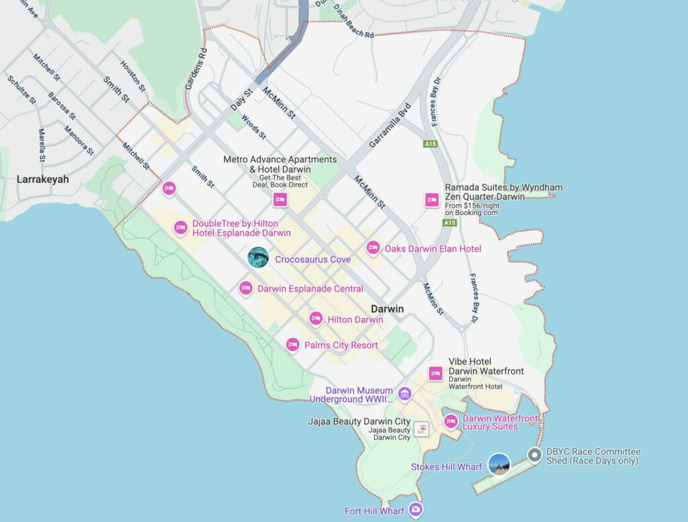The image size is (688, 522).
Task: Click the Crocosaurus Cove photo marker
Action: pyautogui.click(x=258, y=257)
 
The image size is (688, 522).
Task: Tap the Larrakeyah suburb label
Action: pyautogui.click(x=42, y=179)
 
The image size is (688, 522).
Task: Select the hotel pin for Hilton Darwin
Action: pyautogui.click(x=316, y=319)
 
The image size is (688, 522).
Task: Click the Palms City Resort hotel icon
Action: pyautogui.click(x=292, y=345)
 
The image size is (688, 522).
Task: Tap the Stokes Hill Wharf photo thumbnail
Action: pyautogui.click(x=499, y=464)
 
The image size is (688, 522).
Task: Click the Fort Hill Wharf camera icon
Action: pyautogui.click(x=416, y=510)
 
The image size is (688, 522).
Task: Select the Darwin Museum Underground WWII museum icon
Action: pyautogui.click(x=404, y=393)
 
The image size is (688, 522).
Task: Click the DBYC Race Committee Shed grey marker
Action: pyautogui.click(x=535, y=456)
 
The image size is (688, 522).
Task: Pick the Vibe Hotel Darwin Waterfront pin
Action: pyautogui.click(x=435, y=374)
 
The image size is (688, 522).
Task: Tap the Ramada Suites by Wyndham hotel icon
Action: pyautogui.click(x=431, y=200)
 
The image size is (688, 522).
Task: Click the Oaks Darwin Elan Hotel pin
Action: pyautogui.click(x=373, y=248)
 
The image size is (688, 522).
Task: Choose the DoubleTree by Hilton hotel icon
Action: pyautogui.click(x=180, y=228)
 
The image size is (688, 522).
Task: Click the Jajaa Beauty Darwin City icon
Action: pyautogui.click(x=421, y=429)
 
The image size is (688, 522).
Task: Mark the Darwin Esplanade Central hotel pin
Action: pyautogui.click(x=246, y=288)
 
